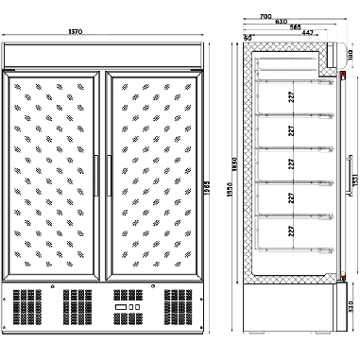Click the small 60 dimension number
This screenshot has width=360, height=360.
click(248, 37)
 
